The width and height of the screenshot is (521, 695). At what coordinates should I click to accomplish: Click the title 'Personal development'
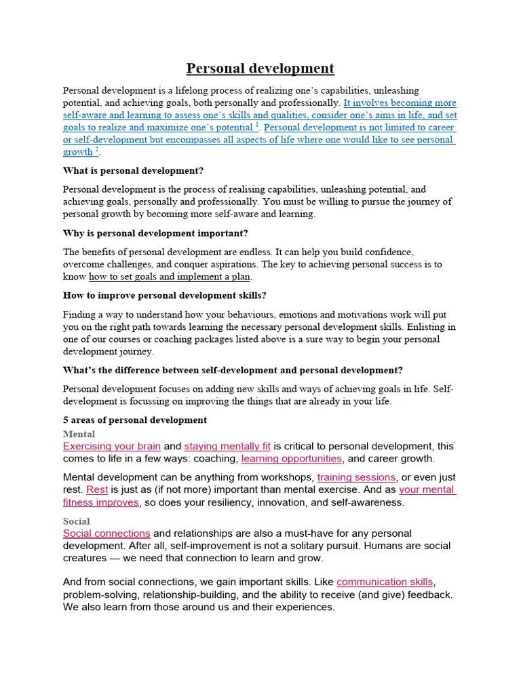[x=260, y=69]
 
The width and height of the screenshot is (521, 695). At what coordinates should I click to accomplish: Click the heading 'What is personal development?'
[x=133, y=170]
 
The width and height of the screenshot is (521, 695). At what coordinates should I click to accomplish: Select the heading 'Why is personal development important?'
[x=155, y=233]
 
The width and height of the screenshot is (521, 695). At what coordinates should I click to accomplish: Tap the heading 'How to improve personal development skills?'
[x=164, y=296]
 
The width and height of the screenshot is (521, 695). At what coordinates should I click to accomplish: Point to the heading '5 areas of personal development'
[x=135, y=420]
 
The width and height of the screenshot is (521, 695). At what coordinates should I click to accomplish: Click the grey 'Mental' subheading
[x=79, y=434]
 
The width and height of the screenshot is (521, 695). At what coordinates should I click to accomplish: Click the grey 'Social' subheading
[x=76, y=521]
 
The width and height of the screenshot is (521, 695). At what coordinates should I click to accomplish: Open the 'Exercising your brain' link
[x=112, y=447]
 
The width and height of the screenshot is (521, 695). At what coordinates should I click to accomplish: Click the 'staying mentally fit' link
[x=227, y=447]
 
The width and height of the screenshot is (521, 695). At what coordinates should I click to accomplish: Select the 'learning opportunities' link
[x=292, y=459]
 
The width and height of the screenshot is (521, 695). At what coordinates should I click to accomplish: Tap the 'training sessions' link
[x=356, y=477]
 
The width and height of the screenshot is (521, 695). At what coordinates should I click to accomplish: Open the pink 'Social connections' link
[x=107, y=534]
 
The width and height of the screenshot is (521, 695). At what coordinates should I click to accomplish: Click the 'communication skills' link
[x=385, y=582]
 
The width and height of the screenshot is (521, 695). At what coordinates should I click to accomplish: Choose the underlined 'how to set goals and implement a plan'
[x=170, y=277]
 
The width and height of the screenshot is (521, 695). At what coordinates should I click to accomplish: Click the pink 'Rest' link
[x=98, y=489]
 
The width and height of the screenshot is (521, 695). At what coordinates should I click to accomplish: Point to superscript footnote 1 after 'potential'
[x=257, y=126]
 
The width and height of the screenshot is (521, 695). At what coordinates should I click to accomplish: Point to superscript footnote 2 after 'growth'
[x=97, y=150]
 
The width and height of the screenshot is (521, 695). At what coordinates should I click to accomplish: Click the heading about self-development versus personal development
[x=233, y=371]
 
